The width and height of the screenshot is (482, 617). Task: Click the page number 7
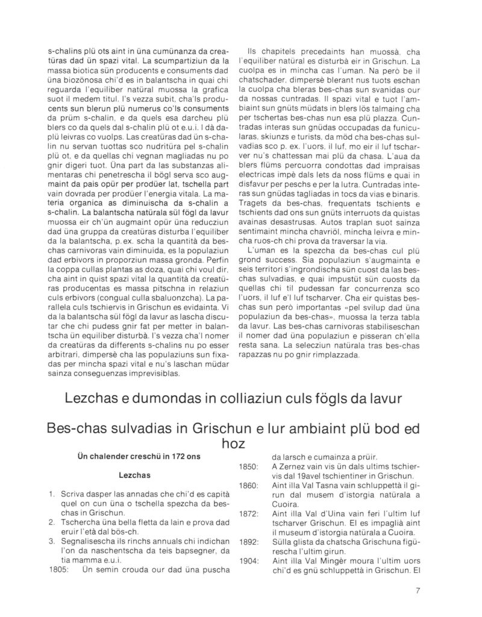[x=417, y=590]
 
